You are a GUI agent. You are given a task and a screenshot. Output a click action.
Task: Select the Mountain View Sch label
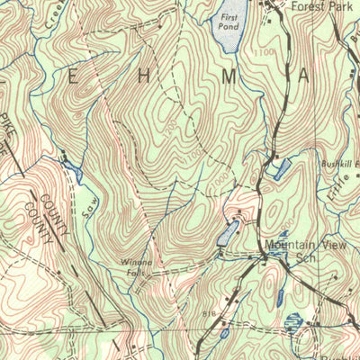300,250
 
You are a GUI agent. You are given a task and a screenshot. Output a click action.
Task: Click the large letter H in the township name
149,77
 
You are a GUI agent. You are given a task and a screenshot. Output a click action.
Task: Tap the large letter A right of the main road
303,77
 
